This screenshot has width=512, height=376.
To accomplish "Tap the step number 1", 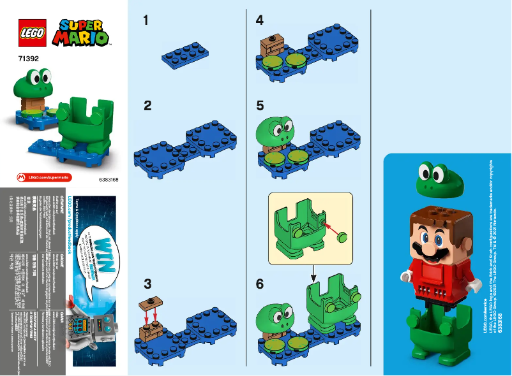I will [x=146, y=20].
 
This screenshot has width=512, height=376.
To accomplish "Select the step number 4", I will [x=259, y=20].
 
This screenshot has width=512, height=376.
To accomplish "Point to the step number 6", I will [x=259, y=284].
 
